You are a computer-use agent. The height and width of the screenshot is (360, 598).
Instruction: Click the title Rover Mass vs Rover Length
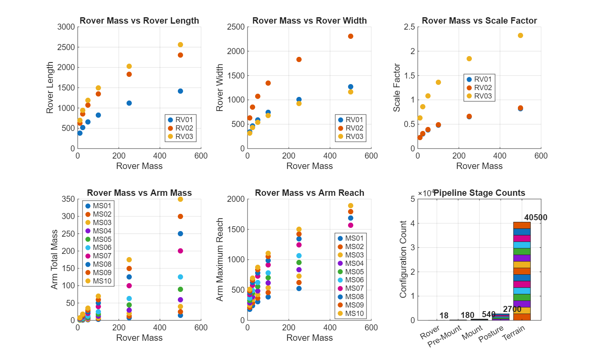tap(139, 20)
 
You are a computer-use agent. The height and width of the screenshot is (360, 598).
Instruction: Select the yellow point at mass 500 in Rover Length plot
tap(180, 45)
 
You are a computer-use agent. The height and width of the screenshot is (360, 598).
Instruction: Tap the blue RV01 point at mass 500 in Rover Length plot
tap(180, 91)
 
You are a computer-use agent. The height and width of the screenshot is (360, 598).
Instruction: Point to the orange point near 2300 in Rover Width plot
tap(350, 36)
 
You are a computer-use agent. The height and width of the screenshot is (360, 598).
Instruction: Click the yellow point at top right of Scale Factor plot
tap(520, 36)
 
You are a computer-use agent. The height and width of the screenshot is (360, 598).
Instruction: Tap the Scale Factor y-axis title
tap(397, 87)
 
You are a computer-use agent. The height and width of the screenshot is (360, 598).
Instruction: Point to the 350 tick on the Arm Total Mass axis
tap(68, 199)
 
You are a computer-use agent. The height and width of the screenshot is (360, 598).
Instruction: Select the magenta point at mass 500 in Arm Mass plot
tap(180, 251)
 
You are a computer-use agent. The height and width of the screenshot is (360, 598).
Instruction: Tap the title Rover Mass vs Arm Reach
tap(309, 193)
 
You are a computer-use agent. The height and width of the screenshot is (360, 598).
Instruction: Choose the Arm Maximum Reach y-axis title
tap(220, 259)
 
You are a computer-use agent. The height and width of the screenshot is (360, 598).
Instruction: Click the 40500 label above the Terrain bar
tap(536, 217)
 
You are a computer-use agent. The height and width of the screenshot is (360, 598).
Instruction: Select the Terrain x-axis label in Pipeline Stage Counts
tap(513, 333)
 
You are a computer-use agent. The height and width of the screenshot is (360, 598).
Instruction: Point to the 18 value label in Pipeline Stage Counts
tap(444, 316)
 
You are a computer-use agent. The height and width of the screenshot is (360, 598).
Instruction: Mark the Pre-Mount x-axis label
tap(445, 336)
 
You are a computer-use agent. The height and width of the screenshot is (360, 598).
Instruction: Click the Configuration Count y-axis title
tap(403, 259)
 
